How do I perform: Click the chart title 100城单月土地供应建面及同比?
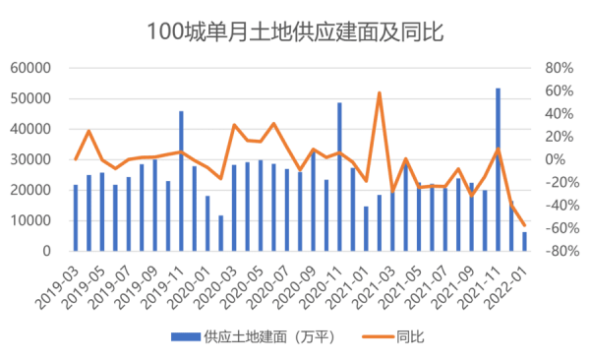click(295, 33)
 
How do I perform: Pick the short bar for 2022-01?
click(524, 241)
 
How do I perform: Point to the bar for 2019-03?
click(76, 217)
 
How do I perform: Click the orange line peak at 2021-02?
click(379, 93)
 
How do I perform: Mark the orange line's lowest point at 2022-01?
click(524, 226)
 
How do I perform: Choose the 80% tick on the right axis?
click(558, 68)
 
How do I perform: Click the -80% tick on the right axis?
click(557, 251)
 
